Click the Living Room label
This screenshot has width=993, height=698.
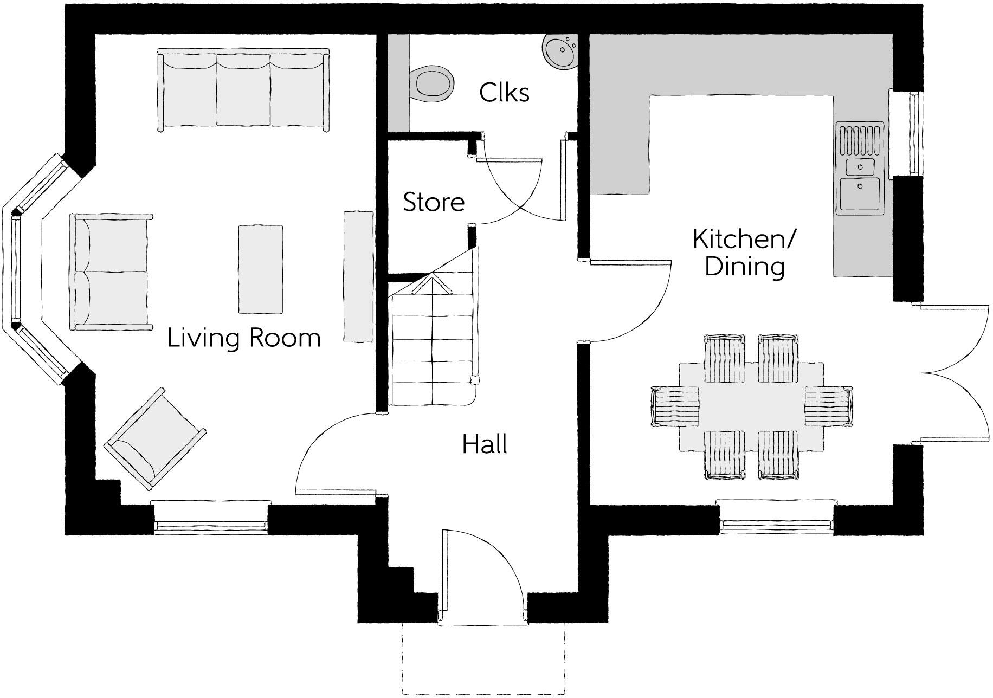coord(244,338)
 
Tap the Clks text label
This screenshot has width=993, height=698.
coord(504,93)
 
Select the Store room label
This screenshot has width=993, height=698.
coord(434,202)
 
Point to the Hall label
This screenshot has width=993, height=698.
coord(485,444)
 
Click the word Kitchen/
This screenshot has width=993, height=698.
coord(744,239)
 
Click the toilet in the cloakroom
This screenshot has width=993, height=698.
coord(432,84)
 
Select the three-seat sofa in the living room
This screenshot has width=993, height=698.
coord(243,89)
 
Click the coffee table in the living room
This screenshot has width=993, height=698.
coord(261,269)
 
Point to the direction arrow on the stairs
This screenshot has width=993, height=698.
coord(432,284)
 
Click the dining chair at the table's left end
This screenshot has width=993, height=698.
coord(675,406)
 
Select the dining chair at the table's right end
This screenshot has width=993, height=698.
coord(828,406)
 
